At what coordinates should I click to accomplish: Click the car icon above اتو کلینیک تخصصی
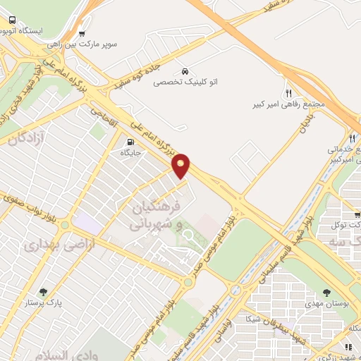pos(185,72)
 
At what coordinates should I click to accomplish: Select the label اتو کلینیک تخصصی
pos(185,82)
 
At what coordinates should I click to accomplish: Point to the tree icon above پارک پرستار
pos(44,292)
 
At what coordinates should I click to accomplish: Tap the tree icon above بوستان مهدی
pos(326,291)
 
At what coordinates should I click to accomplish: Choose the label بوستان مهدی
pos(328,302)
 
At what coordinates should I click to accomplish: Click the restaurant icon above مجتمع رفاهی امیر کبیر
pos(288,94)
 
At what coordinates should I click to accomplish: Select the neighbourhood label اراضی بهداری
pos(49,245)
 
